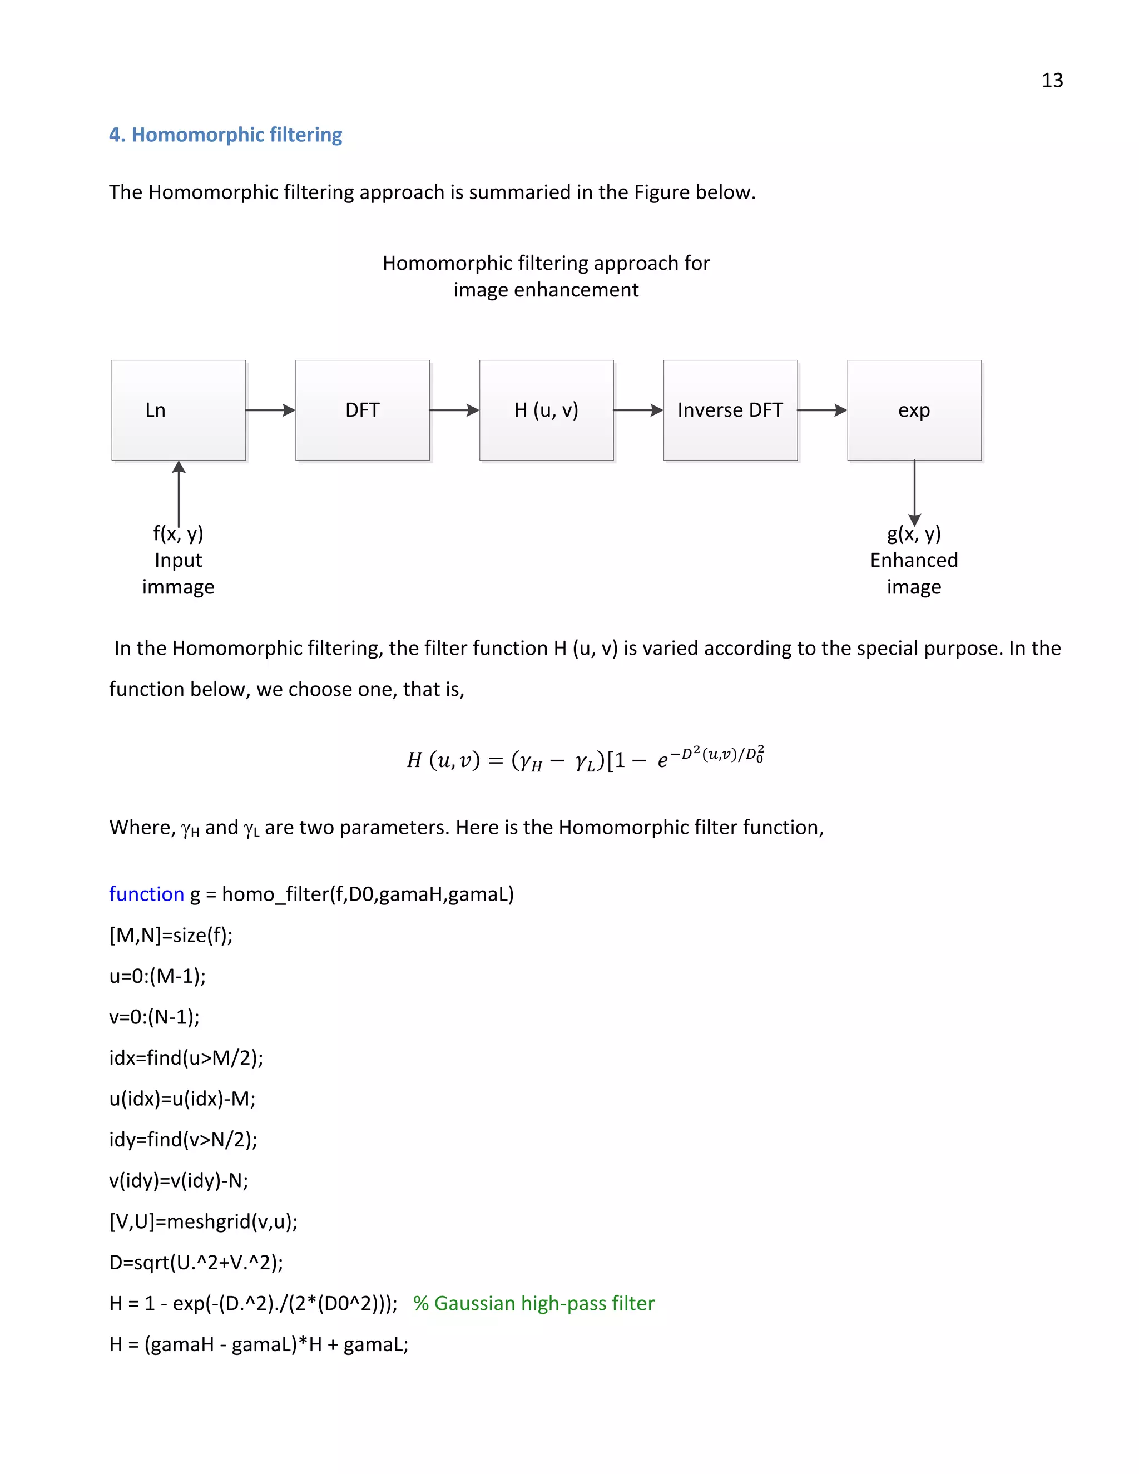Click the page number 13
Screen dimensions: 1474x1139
click(x=1051, y=80)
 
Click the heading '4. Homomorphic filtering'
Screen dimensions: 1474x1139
click(x=225, y=135)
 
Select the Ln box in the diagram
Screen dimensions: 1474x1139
click(x=178, y=410)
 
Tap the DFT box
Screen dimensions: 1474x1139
click(x=363, y=410)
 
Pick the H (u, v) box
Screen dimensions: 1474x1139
click(x=546, y=410)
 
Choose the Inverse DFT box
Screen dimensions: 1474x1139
click(x=730, y=410)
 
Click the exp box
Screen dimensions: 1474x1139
click(x=914, y=410)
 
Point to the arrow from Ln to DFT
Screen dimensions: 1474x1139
click(x=270, y=410)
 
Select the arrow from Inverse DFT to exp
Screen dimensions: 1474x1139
click(x=822, y=410)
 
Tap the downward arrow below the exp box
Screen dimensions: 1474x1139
click(x=914, y=493)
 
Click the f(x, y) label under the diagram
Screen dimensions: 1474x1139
click(x=178, y=534)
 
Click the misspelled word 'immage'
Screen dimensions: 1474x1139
click(x=178, y=587)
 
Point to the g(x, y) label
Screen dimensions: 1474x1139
click(x=914, y=534)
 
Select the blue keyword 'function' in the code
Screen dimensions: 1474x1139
click(x=146, y=894)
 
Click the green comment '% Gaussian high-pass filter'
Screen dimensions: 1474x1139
click(x=534, y=1303)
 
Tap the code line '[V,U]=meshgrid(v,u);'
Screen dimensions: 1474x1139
click(x=203, y=1221)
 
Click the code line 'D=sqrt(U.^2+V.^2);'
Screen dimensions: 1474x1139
click(x=196, y=1262)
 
